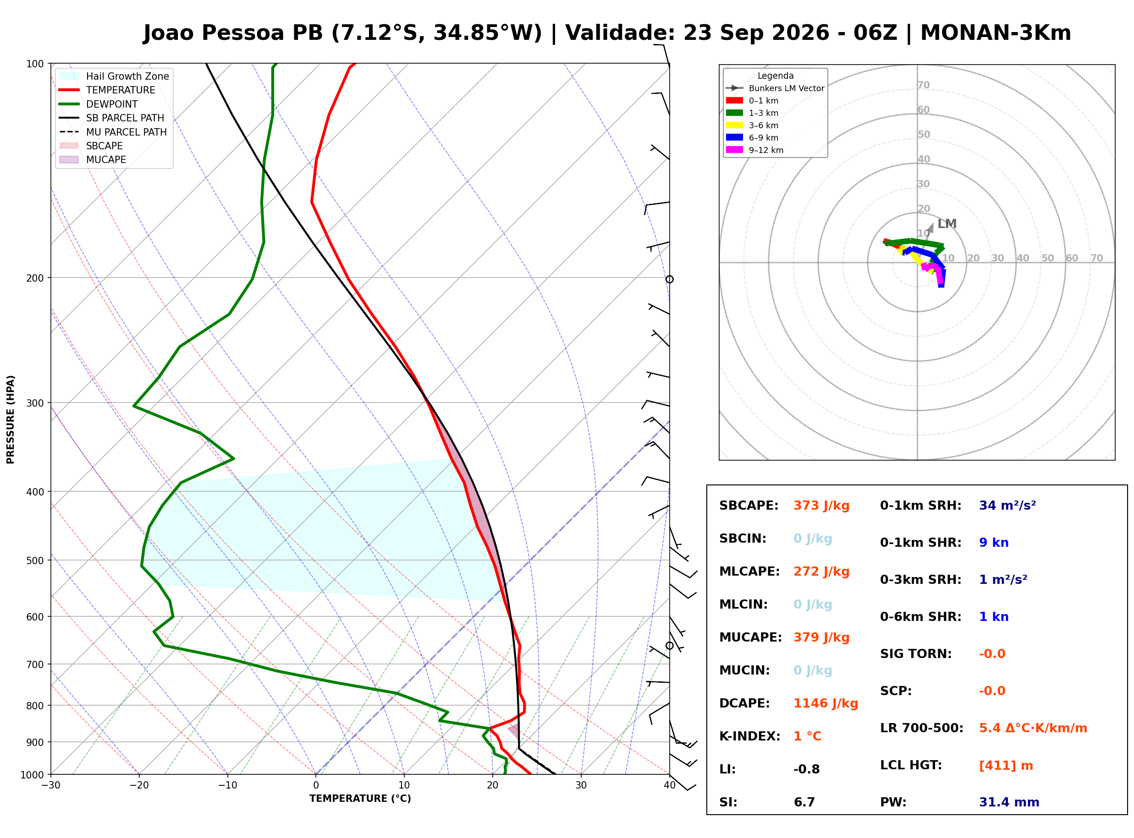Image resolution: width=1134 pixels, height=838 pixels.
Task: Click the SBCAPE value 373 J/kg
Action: click(x=821, y=506)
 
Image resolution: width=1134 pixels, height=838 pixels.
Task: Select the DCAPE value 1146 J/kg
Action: click(x=826, y=703)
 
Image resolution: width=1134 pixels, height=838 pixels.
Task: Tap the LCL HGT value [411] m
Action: click(x=1006, y=766)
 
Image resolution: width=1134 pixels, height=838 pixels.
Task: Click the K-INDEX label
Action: click(x=749, y=736)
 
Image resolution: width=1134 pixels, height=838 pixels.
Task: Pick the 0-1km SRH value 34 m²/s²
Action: click(x=1007, y=506)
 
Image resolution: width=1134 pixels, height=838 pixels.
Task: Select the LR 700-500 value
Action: click(x=1033, y=729)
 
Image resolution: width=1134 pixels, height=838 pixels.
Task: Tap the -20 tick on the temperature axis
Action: click(x=138, y=786)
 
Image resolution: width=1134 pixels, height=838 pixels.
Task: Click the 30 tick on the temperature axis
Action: click(x=581, y=786)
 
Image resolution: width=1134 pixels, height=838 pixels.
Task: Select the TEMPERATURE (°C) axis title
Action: click(x=360, y=799)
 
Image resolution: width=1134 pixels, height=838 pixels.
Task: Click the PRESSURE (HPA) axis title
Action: click(x=11, y=419)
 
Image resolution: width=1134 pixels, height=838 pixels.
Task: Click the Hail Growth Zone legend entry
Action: click(x=114, y=76)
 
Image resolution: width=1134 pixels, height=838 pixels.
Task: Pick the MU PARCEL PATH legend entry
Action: click(x=113, y=132)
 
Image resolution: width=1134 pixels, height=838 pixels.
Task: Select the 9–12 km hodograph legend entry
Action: click(x=755, y=150)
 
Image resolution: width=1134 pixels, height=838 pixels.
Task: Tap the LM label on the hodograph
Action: click(x=947, y=224)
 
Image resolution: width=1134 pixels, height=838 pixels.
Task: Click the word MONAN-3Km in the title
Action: click(x=996, y=33)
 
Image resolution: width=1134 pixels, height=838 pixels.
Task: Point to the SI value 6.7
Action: click(x=804, y=802)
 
